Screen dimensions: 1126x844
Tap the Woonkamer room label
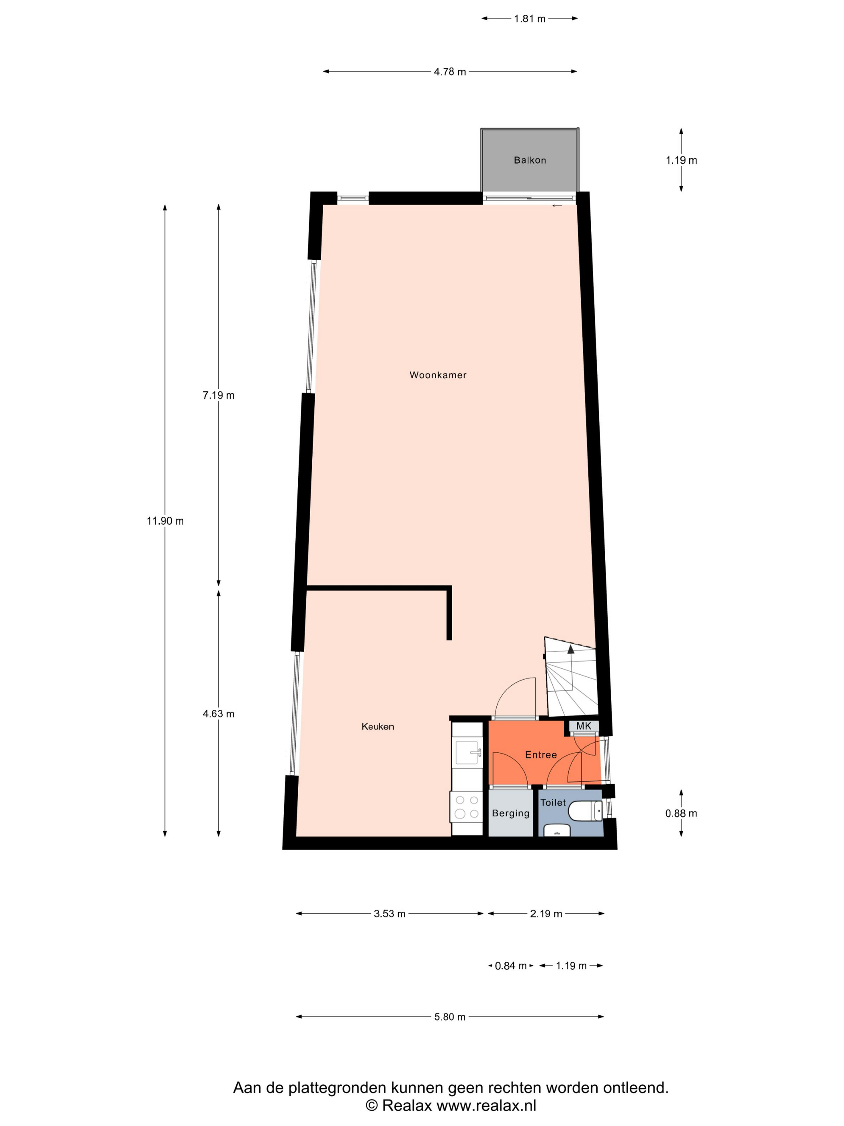438,375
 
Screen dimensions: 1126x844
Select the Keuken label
377,726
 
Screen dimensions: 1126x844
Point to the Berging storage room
510,814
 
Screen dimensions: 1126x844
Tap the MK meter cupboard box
584,726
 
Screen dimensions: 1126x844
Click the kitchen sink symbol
467,752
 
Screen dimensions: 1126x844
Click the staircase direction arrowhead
571,649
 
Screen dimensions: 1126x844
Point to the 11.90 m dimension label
165,521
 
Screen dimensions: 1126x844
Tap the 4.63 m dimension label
218,714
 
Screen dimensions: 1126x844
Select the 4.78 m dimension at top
450,72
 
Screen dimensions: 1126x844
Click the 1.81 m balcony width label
529,19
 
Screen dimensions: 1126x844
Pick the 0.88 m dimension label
681,814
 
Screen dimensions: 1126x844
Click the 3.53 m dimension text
389,914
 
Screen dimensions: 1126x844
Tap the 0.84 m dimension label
510,966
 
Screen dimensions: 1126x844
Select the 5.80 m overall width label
450,1017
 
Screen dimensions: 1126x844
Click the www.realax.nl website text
486,1105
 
